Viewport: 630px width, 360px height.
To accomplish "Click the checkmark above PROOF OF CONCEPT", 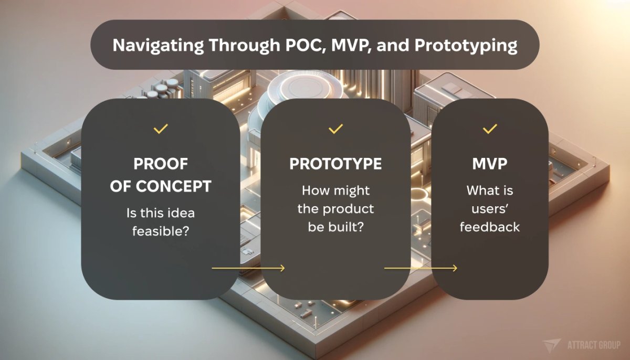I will pos(161,128).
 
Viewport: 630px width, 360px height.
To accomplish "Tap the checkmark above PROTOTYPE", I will pos(335,128).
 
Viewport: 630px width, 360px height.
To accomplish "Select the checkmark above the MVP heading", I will pos(490,128).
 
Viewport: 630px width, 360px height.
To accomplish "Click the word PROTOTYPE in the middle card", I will pos(335,164).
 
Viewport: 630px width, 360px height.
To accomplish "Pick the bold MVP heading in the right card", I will pos(490,164).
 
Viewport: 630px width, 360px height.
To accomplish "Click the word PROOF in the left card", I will pos(161,164).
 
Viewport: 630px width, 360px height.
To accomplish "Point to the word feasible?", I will pos(161,230).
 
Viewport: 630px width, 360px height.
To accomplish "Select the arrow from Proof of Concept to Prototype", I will pos(248,268).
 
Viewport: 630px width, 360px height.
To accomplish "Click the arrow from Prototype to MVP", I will pos(421,268).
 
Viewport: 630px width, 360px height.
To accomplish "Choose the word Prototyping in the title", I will pos(466,45).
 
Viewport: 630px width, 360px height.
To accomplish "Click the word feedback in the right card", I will pos(490,227).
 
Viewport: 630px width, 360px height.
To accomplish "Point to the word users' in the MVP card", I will pos(490,209).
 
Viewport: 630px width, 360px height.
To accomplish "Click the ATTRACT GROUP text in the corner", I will pos(594,345).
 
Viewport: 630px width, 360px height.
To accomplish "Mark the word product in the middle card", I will pos(348,209).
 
